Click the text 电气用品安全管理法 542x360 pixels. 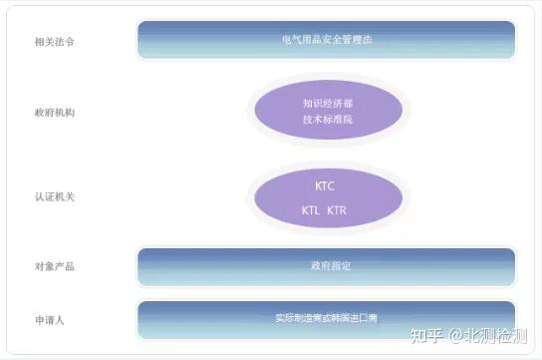[327, 41]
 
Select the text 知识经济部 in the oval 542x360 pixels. [327, 102]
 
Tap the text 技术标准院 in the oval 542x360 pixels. [327, 119]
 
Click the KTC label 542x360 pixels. [325, 185]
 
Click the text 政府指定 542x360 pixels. [326, 266]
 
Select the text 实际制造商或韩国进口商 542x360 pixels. [326, 318]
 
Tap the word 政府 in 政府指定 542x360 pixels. [318, 266]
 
